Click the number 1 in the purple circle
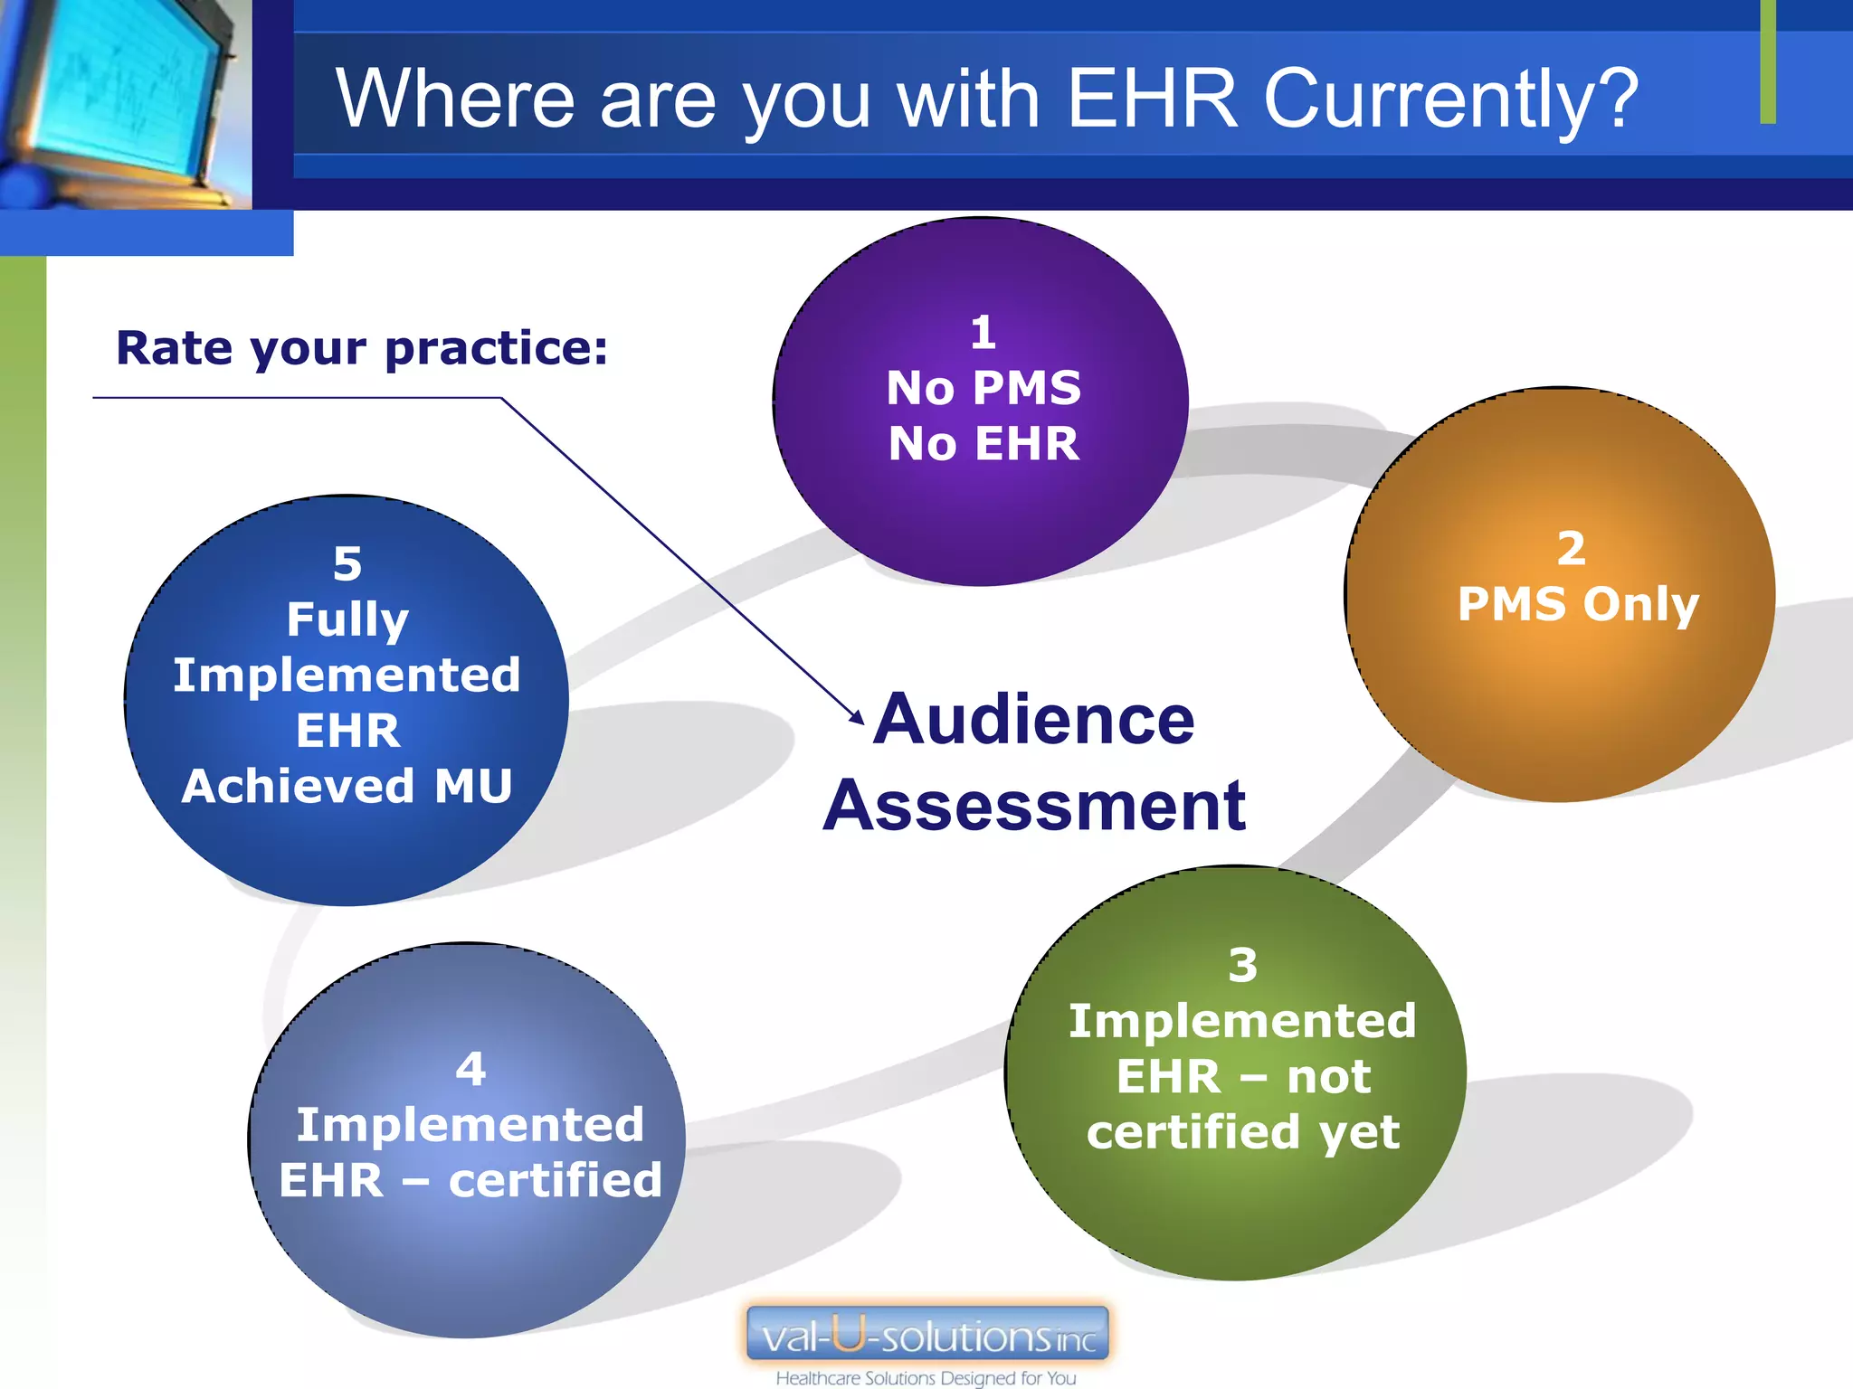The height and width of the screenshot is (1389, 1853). click(983, 333)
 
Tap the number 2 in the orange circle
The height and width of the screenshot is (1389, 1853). click(1571, 549)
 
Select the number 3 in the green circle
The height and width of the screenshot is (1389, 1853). click(1243, 965)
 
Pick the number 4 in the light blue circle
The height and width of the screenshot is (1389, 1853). click(470, 1069)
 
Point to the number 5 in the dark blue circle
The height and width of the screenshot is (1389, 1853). click(347, 564)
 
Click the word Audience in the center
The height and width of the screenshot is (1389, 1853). click(1034, 719)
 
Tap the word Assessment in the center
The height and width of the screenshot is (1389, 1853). click(1034, 806)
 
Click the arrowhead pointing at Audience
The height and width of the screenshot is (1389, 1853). click(856, 717)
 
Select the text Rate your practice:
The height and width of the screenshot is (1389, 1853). click(362, 348)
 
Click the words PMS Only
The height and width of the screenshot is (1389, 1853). click(1578, 604)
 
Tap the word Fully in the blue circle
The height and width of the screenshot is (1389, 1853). click(347, 620)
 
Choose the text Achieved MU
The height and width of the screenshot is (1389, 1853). click(347, 786)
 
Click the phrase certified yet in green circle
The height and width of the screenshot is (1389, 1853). click(1243, 1132)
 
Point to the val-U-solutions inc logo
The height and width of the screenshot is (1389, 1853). click(927, 1335)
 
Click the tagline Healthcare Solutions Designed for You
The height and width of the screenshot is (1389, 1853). click(926, 1378)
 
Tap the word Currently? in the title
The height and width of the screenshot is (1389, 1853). click(1450, 99)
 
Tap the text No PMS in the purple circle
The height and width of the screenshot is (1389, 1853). click(984, 388)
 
